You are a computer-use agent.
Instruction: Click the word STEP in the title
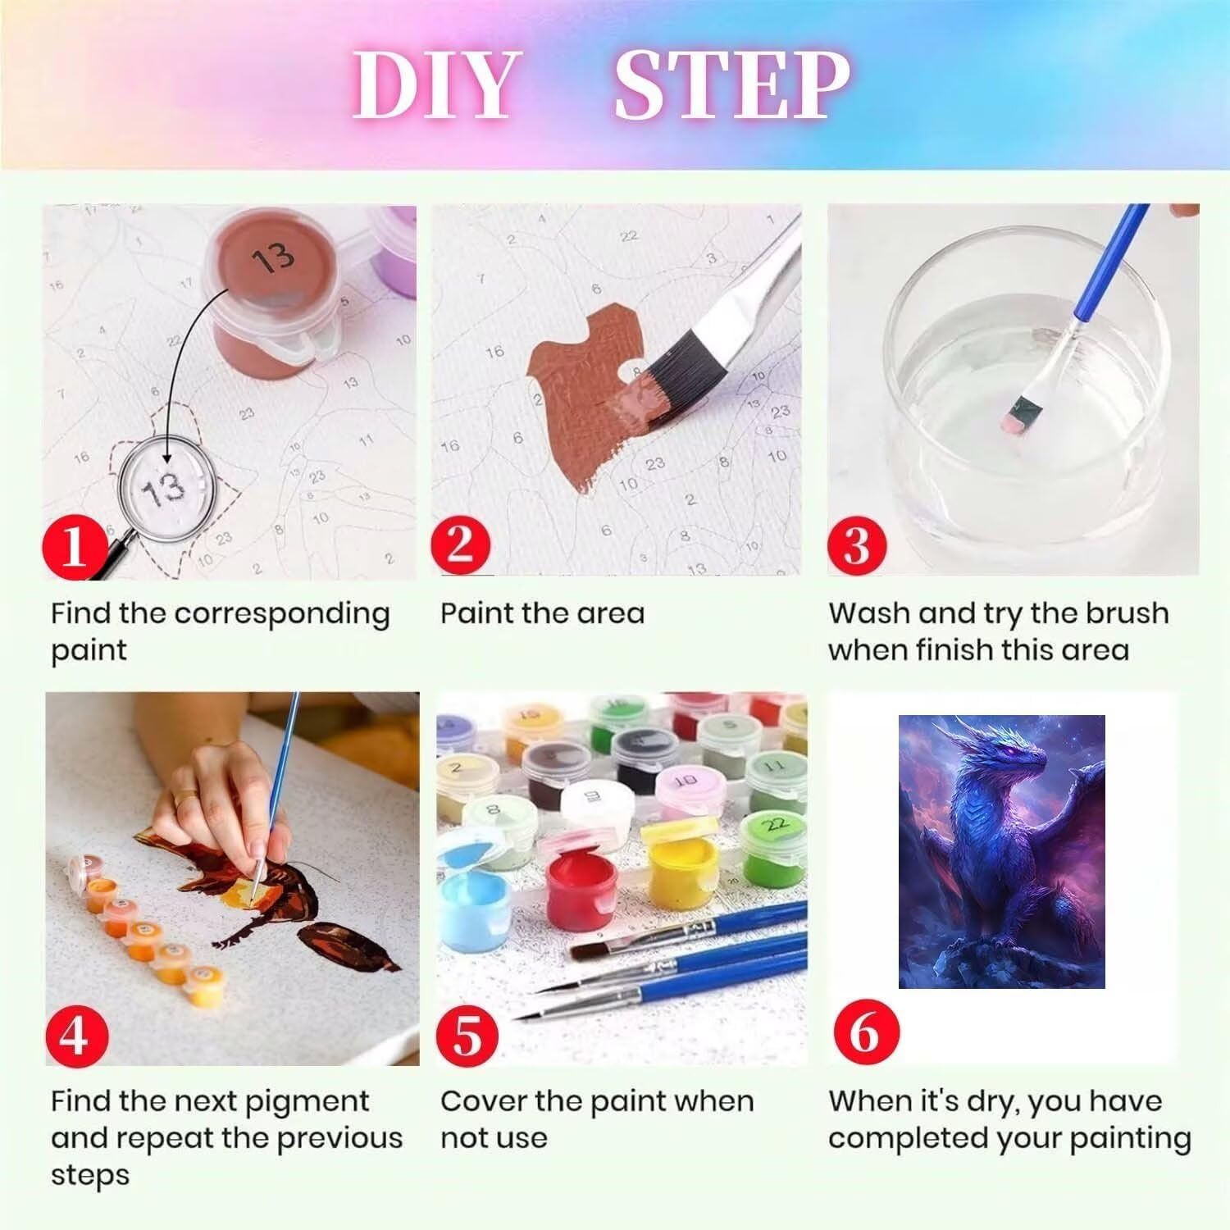(732, 85)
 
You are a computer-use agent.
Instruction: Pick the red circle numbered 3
(856, 544)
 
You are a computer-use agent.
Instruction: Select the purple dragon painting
(1001, 852)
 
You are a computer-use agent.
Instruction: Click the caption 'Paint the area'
(543, 613)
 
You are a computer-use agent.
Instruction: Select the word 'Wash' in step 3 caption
(869, 613)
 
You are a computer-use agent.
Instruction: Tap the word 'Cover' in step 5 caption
(484, 1101)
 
